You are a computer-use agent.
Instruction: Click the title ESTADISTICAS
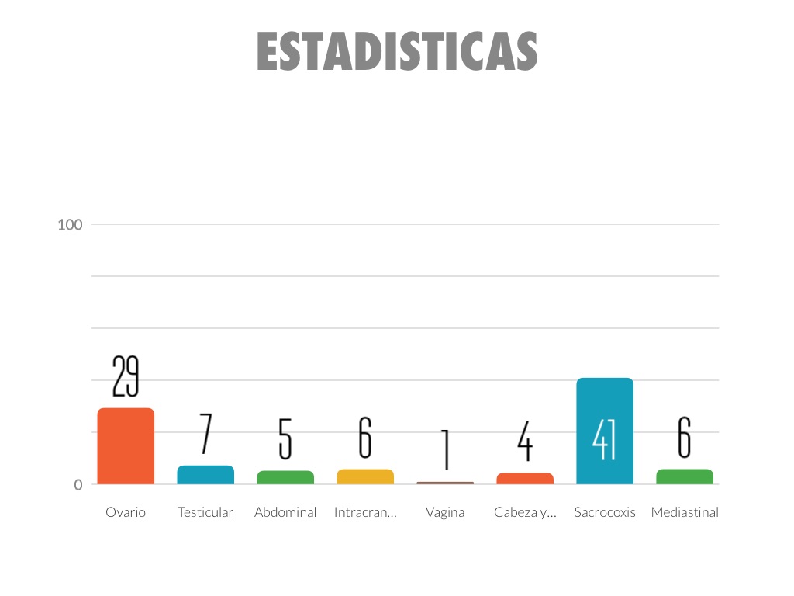[397, 52]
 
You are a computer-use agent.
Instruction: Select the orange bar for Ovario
[126, 446]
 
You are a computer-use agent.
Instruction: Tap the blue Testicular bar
[205, 475]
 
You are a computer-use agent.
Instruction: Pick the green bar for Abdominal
[285, 477]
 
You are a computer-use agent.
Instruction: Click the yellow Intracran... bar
[365, 476]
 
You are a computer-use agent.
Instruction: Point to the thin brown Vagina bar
[445, 483]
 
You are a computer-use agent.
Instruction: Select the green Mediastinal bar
[685, 476]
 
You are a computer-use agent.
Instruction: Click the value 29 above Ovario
[126, 376]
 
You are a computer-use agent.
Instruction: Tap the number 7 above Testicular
[205, 433]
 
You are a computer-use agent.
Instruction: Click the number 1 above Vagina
[445, 449]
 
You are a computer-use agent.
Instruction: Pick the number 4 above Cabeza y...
[525, 441]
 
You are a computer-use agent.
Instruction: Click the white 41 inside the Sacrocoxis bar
[605, 440]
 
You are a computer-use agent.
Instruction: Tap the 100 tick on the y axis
[70, 225]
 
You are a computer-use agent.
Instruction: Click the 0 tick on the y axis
[78, 485]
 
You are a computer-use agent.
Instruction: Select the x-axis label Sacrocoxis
[605, 512]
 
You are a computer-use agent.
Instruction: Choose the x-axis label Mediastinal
[685, 512]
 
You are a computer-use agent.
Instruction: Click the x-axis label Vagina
[445, 512]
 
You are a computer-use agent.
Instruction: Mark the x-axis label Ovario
[126, 512]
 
